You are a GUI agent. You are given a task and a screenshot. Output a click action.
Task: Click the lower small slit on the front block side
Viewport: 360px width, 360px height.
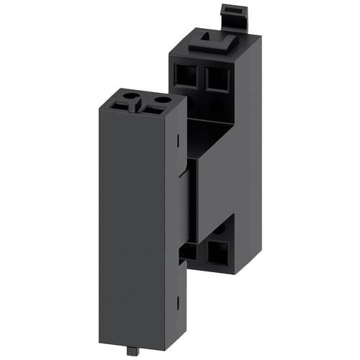click(176, 298)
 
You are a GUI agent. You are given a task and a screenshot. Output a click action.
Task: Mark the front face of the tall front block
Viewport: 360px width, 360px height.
click(130, 216)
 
